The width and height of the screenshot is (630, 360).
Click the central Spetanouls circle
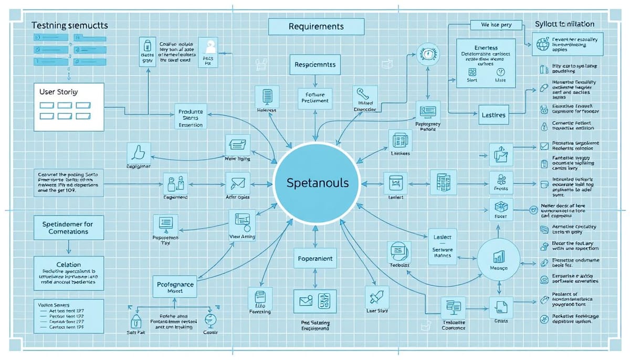click(x=314, y=183)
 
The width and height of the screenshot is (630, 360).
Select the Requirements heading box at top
click(x=316, y=26)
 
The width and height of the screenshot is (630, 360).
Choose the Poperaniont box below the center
click(x=315, y=259)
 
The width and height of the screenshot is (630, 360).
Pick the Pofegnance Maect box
click(x=176, y=287)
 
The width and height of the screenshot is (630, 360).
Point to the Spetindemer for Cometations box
click(x=68, y=228)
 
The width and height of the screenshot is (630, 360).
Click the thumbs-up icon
click(x=139, y=152)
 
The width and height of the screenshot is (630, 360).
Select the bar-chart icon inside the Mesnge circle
click(x=499, y=257)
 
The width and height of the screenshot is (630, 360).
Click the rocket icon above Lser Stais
click(x=377, y=297)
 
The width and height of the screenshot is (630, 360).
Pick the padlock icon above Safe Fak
click(x=136, y=320)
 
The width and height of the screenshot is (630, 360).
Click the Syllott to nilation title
click(x=564, y=24)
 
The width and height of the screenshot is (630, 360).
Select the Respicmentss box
click(x=316, y=65)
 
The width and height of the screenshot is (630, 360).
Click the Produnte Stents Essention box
click(x=191, y=118)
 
